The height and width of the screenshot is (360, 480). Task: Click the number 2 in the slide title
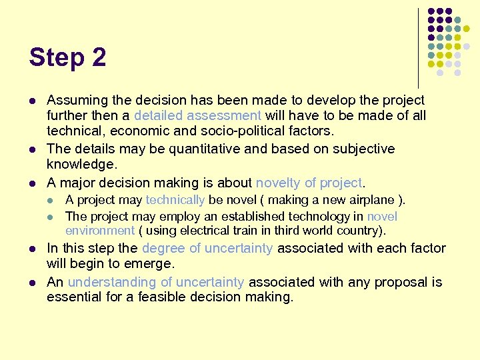pyautogui.click(x=99, y=58)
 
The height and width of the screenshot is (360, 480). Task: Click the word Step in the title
pyautogui.click(x=58, y=58)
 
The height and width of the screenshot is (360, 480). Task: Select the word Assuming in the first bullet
pyautogui.click(x=77, y=101)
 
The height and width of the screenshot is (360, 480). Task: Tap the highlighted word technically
pyautogui.click(x=175, y=200)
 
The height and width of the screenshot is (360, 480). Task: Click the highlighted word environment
pyautogui.click(x=100, y=231)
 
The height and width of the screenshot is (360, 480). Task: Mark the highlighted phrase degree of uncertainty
pyautogui.click(x=205, y=248)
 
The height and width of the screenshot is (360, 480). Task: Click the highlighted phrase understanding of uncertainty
pyautogui.click(x=156, y=282)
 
